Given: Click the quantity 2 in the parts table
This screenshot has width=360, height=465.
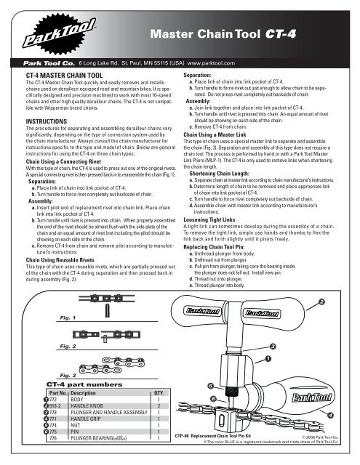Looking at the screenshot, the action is point(159,405).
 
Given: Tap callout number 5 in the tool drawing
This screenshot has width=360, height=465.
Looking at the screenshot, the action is point(210,387).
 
